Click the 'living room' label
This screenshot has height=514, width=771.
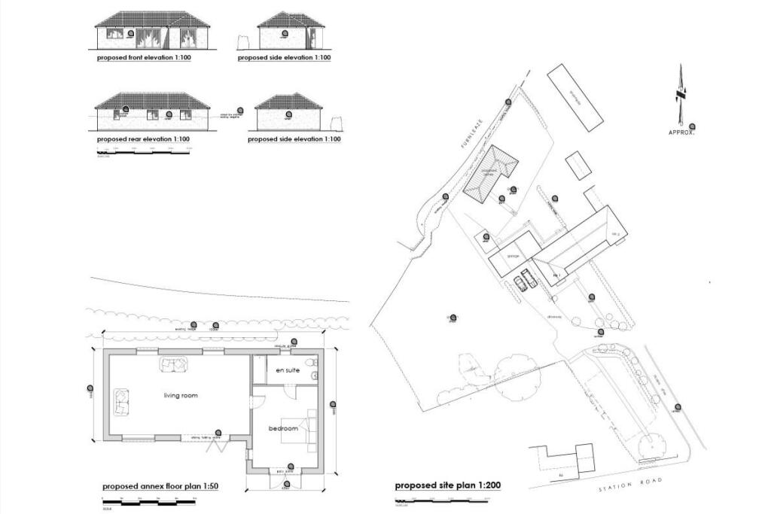tap(181, 395)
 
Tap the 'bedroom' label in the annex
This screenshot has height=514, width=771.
tap(283, 429)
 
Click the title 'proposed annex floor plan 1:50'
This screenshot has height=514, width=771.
tap(160, 486)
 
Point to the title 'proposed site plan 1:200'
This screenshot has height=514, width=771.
tap(448, 485)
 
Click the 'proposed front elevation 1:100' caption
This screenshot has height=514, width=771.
tap(143, 57)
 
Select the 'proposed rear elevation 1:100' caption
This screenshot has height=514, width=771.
tap(143, 139)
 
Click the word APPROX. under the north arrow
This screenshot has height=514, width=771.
tap(681, 132)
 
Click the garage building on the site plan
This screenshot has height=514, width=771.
tap(513, 256)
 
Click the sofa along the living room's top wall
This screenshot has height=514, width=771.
tap(174, 365)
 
